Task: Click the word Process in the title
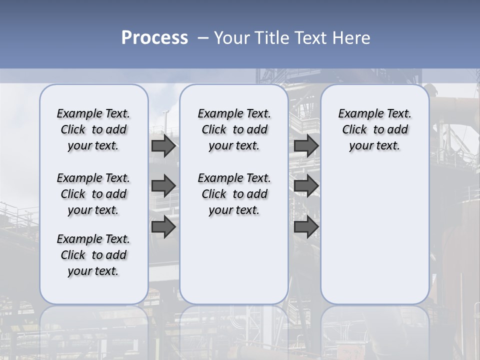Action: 154,37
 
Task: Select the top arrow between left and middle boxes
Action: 163,146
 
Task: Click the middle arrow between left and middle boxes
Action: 163,186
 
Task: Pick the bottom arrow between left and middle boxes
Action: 163,227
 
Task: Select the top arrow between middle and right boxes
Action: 306,146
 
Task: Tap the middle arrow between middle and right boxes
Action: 306,186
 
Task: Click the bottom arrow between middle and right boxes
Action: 306,227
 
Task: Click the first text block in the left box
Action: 93,129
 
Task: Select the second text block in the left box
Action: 93,194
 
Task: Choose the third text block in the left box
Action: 93,255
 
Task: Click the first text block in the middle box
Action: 234,129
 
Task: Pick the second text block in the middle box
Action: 234,194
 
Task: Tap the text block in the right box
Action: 374,129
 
